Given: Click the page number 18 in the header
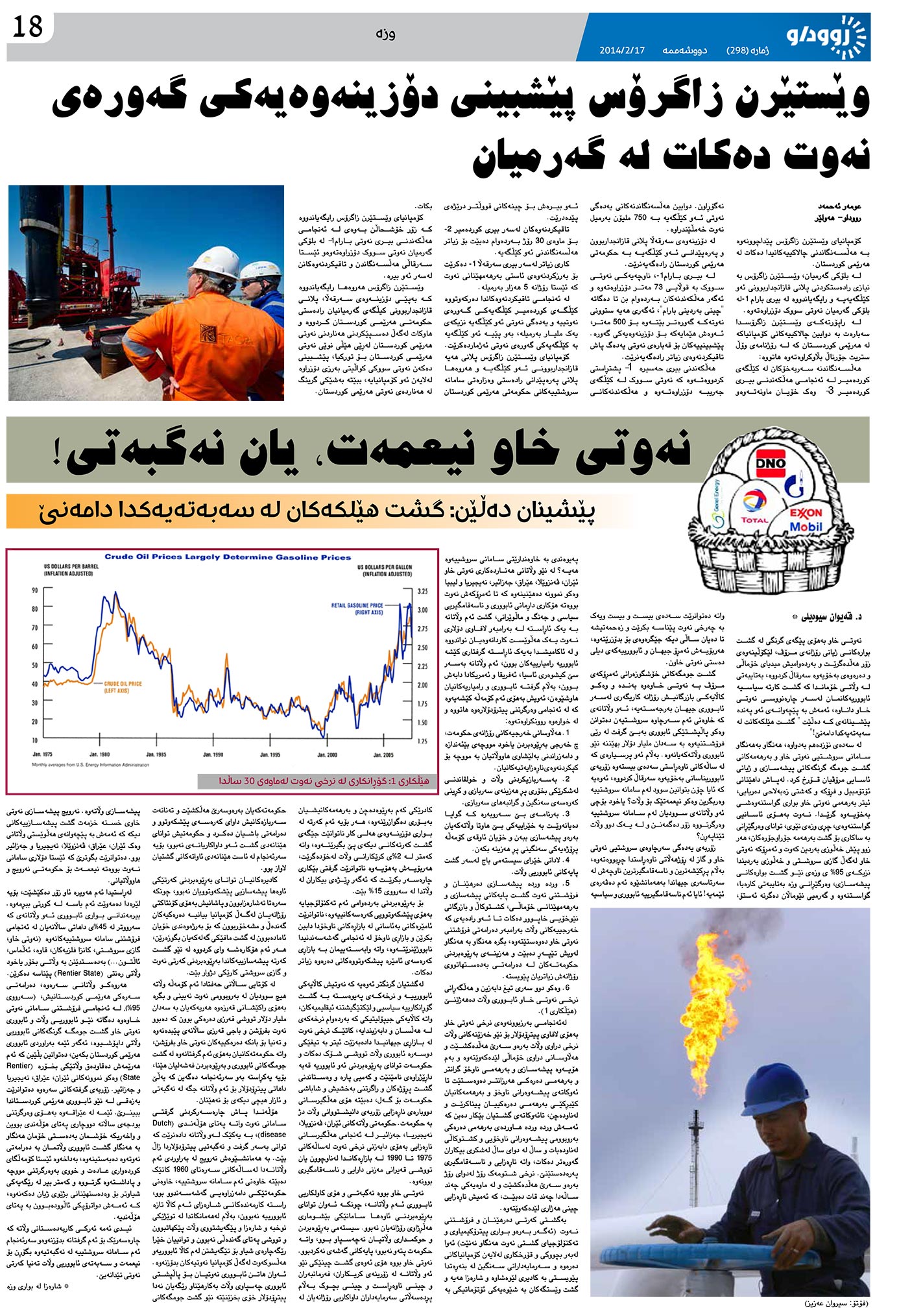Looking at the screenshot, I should tap(27, 27).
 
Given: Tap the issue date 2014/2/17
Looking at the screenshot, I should tap(623, 50).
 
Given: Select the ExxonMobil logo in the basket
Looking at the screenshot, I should tap(806, 518).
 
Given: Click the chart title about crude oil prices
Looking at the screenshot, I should tap(228, 557).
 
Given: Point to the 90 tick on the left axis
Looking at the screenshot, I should tap(34, 590).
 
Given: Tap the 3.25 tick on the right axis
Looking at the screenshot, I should tap(422, 592).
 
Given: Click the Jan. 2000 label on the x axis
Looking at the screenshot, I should tap(326, 754).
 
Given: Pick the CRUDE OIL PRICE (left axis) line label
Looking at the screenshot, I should tap(123, 686).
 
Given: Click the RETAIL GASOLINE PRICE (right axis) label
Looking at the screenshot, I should tap(357, 608).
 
